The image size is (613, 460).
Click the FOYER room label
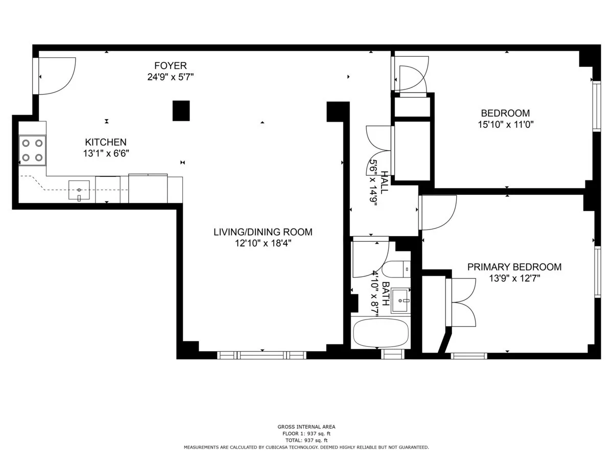(171, 66)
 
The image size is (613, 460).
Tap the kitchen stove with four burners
(32, 150)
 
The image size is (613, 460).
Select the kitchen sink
(79, 190)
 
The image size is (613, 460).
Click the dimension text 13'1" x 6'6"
(105, 153)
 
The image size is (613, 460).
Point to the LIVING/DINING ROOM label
(263, 232)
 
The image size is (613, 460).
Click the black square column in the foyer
(181, 110)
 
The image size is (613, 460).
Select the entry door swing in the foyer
(56, 76)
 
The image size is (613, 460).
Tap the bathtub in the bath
(381, 332)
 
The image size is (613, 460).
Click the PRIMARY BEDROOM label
(514, 267)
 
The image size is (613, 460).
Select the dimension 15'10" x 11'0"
(505, 124)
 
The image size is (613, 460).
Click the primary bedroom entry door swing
(438, 213)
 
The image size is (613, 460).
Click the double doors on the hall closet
(379, 145)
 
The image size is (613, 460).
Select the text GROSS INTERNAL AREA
(306, 427)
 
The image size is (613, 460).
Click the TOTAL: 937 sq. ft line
(306, 440)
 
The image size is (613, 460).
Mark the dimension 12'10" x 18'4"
(263, 244)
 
